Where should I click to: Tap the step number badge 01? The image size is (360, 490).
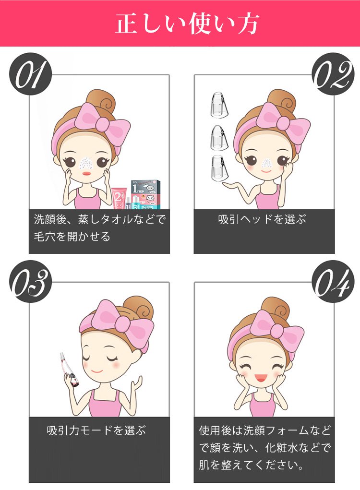30,74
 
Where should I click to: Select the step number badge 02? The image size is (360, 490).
334,74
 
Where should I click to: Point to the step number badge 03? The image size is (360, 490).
30,282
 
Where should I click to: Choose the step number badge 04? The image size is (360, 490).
334,282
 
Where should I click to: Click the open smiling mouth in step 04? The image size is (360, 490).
259,378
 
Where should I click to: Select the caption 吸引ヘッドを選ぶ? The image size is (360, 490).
262,219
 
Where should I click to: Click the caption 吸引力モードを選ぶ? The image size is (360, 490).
96,430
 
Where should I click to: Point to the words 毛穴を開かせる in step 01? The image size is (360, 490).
72,237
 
